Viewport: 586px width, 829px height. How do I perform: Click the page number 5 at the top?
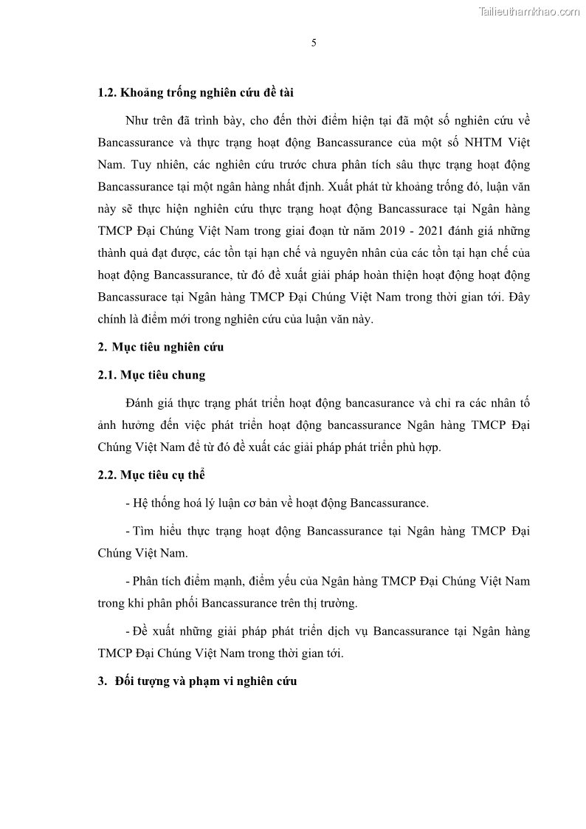coord(314,43)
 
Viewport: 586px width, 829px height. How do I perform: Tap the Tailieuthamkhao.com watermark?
coord(529,11)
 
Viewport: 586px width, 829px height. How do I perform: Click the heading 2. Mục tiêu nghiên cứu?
coord(160,347)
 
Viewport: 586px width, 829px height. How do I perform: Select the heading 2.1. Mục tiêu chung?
coord(151,375)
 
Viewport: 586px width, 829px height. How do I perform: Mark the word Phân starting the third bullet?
coord(148,581)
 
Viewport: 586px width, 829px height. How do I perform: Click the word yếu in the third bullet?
coord(303,581)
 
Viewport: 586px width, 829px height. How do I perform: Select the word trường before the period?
coord(339,603)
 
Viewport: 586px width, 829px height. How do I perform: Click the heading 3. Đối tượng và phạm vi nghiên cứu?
coord(198,681)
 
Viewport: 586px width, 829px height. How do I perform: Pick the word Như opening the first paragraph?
coord(138,119)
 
